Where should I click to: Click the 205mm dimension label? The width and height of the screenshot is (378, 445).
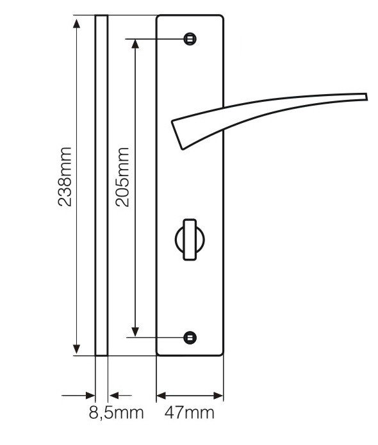click(x=121, y=177)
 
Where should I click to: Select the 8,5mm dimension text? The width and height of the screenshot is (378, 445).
click(x=116, y=413)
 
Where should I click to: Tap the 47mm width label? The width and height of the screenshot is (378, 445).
click(x=189, y=413)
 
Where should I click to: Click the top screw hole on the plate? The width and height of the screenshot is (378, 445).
click(x=189, y=39)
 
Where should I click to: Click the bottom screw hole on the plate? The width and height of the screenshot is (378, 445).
click(x=189, y=336)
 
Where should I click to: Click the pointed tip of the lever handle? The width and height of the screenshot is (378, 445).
click(x=365, y=97)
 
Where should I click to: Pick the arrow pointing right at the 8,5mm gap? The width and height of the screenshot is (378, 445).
click(x=90, y=395)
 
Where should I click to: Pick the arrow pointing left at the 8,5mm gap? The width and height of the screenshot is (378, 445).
click(x=113, y=395)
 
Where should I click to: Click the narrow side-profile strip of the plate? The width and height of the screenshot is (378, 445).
click(x=101, y=186)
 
